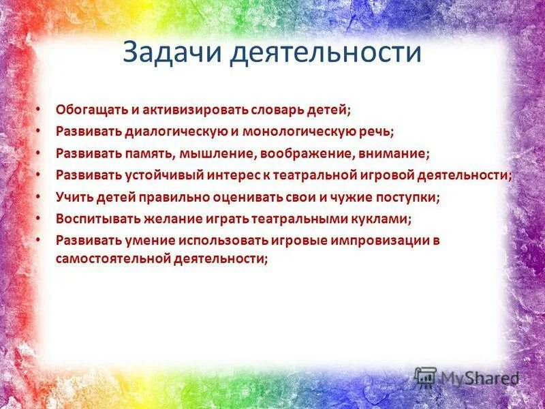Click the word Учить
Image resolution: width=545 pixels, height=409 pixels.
click(x=72, y=197)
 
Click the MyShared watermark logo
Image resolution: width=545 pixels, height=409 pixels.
click(x=467, y=378)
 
